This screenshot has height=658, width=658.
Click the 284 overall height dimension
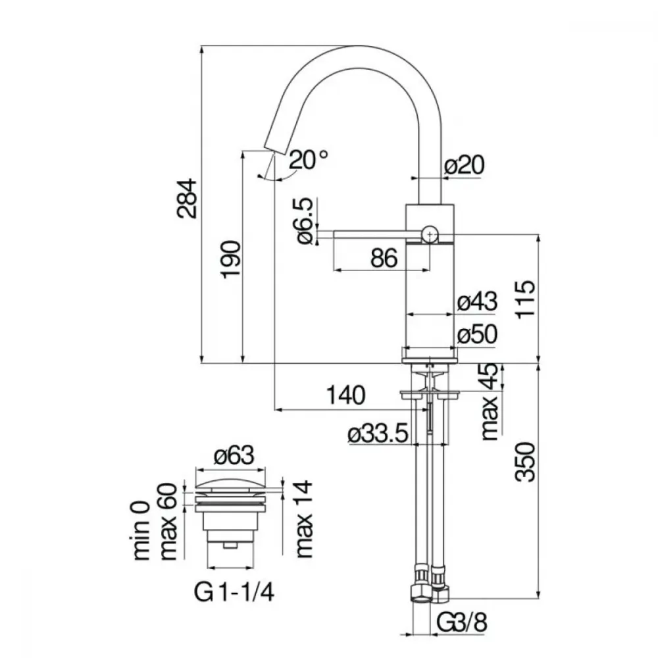pyautogui.click(x=187, y=199)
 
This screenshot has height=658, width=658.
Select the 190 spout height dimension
pyautogui.click(x=231, y=259)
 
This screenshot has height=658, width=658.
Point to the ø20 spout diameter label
pyautogui.click(x=465, y=165)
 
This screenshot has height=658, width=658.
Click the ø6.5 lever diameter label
pyautogui.click(x=305, y=220)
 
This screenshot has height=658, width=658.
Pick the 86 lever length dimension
pyautogui.click(x=384, y=258)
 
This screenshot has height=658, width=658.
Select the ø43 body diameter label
pyautogui.click(x=477, y=301)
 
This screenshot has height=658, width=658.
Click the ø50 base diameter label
pyautogui.click(x=477, y=334)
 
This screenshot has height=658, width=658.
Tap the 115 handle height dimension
pyautogui.click(x=526, y=299)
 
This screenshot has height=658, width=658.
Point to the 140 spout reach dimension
pyautogui.click(x=346, y=395)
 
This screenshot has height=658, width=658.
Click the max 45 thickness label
pyautogui.click(x=490, y=401)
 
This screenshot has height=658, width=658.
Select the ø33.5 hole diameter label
pyautogui.click(x=378, y=433)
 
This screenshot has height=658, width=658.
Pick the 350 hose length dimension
pyautogui.click(x=526, y=462)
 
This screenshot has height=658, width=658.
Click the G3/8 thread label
pyautogui.click(x=462, y=622)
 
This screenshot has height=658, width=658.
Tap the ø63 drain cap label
pyautogui.click(x=234, y=455)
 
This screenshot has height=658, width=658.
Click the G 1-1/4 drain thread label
pyautogui.click(x=234, y=593)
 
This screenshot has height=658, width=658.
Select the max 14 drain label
pyautogui.click(x=305, y=519)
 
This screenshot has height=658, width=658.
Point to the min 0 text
pyautogui.click(x=142, y=530)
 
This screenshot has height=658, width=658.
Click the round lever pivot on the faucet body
pyautogui.click(x=430, y=234)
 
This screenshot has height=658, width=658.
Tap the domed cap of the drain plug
pyautogui.click(x=231, y=484)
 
